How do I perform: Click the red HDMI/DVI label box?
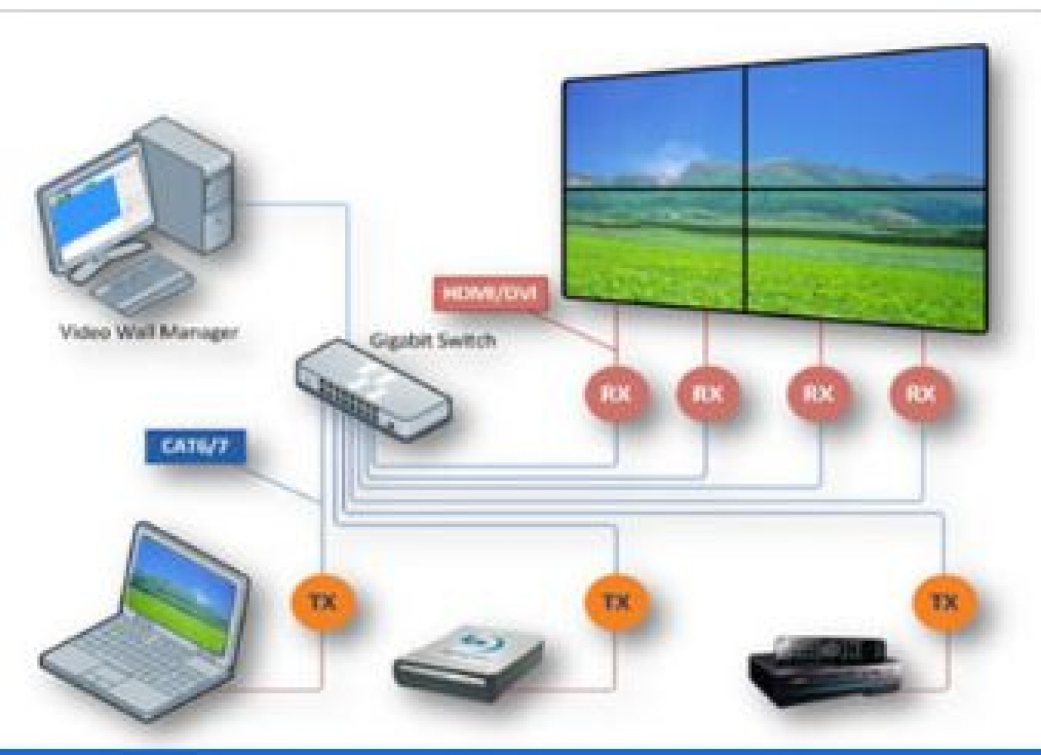(490, 293)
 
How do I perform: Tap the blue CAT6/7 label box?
(194, 446)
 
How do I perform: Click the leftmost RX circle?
(616, 394)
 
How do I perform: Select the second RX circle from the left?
(707, 394)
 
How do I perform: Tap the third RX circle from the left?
(818, 394)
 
